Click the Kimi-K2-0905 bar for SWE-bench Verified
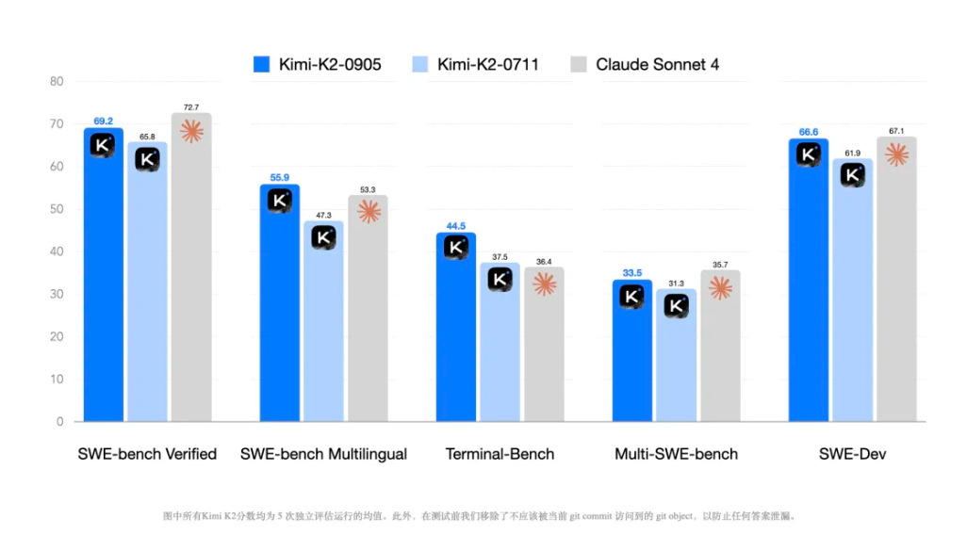pos(103,283)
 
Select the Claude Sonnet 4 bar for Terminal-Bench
pos(544,348)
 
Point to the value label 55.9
pos(280,178)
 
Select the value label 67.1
pos(895,131)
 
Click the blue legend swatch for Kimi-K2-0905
pos(262,65)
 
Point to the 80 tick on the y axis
pos(57,82)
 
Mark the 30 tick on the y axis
pos(57,294)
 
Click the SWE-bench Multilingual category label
pos(323,454)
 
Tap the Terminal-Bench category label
pos(500,454)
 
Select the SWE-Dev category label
pos(852,454)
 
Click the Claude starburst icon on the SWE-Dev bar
pos(896,154)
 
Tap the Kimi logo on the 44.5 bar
pos(455,248)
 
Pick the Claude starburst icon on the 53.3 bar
pos(369,212)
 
